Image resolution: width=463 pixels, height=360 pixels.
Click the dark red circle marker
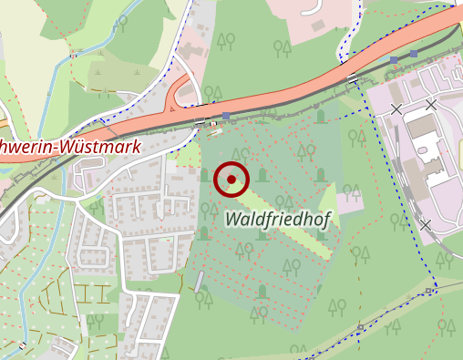tap(231, 180)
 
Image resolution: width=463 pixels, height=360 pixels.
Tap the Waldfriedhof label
tap(278, 218)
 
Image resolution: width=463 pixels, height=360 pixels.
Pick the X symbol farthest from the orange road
tap(425, 224)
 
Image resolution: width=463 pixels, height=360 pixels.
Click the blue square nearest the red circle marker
tap(225, 117)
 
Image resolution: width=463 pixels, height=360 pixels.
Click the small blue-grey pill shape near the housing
tap(200, 282)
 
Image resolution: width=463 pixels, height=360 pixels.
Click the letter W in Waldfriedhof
tap(232, 219)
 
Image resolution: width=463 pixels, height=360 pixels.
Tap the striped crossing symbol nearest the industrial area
tap(352, 79)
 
